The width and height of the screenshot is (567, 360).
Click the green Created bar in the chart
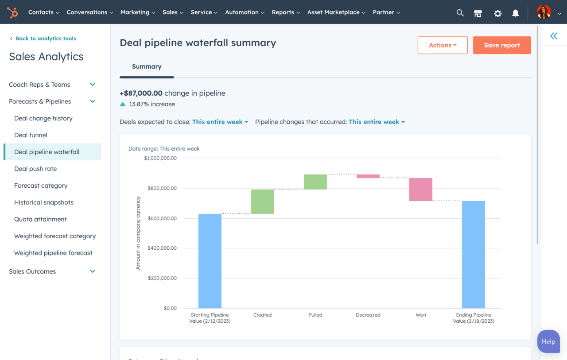[263, 201]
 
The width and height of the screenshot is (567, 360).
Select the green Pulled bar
[315, 182]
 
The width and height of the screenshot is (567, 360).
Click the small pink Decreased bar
[368, 176]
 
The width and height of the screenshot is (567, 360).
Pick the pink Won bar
[421, 190]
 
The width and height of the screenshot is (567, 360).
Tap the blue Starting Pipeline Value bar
[210, 261]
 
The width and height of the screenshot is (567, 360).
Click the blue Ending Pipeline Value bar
[474, 255]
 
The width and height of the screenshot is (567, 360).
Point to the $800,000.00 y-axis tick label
[160, 188]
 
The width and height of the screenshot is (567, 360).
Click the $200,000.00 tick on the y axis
[160, 278]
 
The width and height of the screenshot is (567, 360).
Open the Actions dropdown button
[443, 45]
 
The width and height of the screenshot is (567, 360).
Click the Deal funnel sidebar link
[31, 135]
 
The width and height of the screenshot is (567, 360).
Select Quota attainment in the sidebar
[40, 219]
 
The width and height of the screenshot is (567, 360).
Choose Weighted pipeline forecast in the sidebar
[53, 253]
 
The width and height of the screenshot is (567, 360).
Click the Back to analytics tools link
[46, 39]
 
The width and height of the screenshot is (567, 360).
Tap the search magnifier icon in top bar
[460, 13]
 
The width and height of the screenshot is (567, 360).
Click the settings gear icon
[498, 13]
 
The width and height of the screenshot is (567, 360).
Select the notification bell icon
[516, 13]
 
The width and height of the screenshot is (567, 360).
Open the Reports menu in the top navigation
[286, 12]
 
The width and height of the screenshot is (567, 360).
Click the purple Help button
[548, 341]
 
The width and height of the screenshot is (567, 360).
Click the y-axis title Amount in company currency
[138, 233]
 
